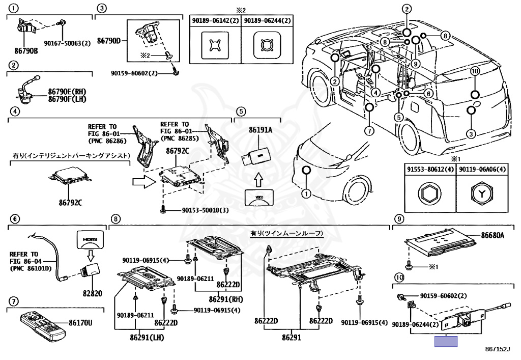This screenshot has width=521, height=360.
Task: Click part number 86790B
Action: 26,51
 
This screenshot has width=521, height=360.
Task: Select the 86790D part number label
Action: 109,41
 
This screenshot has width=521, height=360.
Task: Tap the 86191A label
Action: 260,130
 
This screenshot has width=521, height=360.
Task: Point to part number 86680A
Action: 493,236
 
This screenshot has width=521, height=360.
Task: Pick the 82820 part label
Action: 93,293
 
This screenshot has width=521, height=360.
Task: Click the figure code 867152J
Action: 498,349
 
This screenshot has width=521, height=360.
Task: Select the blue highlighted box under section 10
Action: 446,341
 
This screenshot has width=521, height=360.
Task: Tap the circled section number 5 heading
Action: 242,111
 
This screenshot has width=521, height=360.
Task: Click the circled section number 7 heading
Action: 13,301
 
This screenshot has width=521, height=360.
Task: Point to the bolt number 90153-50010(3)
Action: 205,210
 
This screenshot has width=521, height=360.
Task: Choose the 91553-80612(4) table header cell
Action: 430,170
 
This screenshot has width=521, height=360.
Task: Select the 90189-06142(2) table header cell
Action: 215,20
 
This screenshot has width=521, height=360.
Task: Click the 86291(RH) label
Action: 226,299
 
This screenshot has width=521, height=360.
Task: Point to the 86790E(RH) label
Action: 67,92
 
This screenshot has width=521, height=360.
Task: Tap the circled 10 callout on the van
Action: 475,71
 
